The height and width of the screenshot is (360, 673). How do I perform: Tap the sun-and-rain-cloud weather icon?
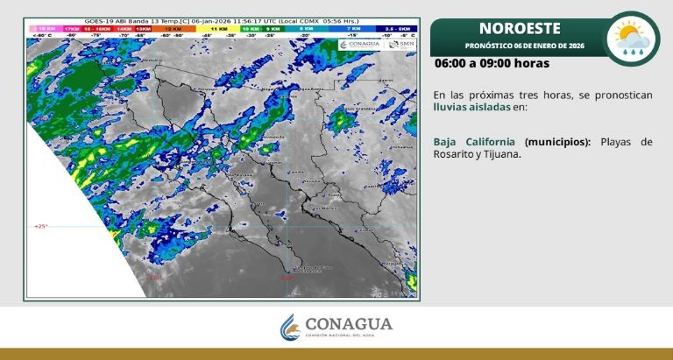coord(633,39)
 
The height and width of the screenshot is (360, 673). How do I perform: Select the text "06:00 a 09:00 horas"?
coord(492,63)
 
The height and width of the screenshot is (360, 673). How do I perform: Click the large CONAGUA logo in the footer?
coord(336,327)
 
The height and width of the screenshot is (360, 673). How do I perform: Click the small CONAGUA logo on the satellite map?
coord(360,43)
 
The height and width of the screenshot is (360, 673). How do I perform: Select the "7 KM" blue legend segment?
coord(355,29)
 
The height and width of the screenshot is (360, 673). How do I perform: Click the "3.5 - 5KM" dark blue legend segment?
coord(398,29)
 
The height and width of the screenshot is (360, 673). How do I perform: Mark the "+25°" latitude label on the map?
coord(40,226)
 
